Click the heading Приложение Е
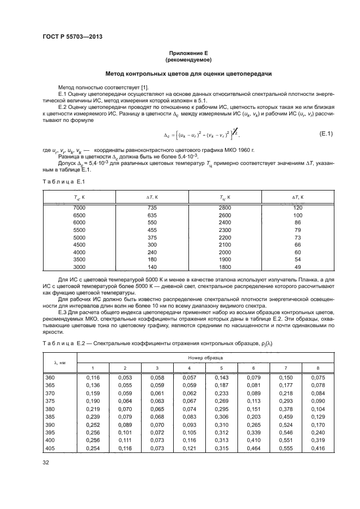point(180,53)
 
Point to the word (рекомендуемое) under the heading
point(180,59)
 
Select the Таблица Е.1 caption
point(61,181)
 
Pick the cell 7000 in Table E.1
point(80,208)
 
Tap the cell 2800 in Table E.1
point(225,208)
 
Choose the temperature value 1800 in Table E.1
point(225,267)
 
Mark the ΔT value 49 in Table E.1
point(297,267)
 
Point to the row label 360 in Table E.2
point(50,377)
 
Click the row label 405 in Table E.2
point(50,448)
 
